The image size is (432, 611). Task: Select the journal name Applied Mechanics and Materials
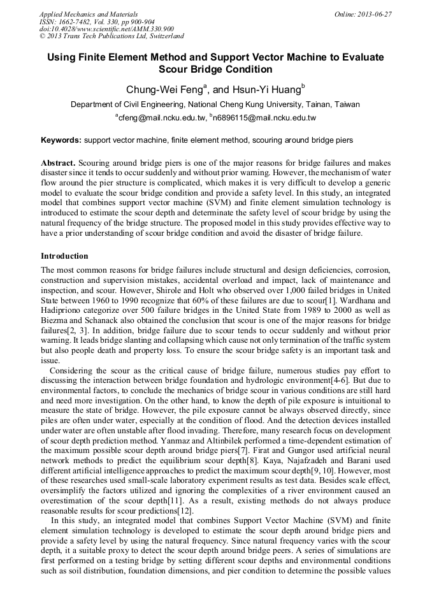coord(89,14)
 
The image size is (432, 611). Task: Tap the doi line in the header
coord(106,29)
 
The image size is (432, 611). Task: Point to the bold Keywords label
coord(61,140)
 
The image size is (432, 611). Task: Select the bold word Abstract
coord(58,163)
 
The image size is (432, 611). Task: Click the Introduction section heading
coord(64,256)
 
